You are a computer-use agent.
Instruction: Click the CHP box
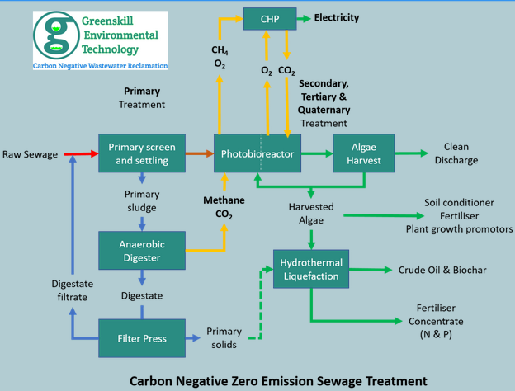[x=270, y=17]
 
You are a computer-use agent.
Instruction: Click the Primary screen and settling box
[x=142, y=153]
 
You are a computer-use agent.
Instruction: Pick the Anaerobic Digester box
[x=142, y=251]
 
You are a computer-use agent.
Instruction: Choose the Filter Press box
[x=142, y=337]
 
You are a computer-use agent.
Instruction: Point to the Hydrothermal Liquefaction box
[x=311, y=269]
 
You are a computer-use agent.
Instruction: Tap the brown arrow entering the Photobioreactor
[x=200, y=153]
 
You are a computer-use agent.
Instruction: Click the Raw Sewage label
[x=30, y=154]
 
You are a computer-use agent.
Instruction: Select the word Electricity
[x=337, y=17]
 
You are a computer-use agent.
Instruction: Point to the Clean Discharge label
[x=456, y=153]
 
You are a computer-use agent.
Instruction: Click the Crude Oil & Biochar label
[x=442, y=270]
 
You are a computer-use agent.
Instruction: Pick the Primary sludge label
[x=142, y=200]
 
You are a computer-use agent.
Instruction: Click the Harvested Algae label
[x=311, y=213]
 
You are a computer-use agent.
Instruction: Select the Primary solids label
[x=224, y=337]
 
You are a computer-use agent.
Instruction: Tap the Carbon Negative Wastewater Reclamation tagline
[x=101, y=65]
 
